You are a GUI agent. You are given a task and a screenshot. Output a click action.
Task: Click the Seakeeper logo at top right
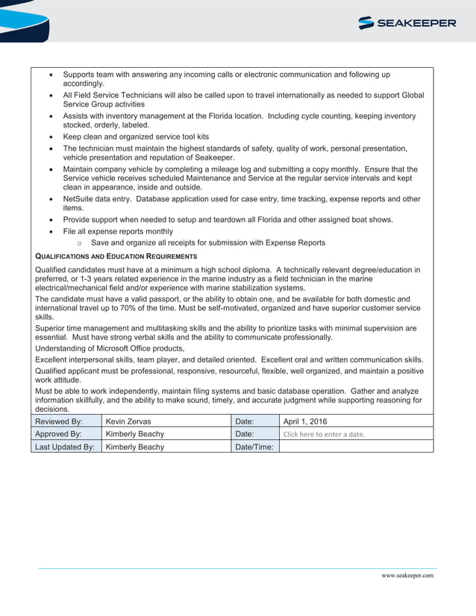click(407, 23)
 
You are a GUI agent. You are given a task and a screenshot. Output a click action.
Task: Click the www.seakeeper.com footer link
click(407, 576)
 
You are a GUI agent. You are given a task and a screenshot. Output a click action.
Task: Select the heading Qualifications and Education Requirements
click(116, 257)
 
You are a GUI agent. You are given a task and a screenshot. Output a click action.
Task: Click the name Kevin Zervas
click(128, 421)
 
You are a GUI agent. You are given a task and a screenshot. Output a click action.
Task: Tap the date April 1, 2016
click(305, 421)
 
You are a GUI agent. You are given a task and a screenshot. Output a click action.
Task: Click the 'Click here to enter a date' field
click(324, 434)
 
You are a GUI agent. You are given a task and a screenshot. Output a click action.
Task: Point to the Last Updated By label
click(65, 447)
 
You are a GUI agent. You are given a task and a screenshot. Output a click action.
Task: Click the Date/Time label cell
click(254, 447)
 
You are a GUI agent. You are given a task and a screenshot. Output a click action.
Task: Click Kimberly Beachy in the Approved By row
click(135, 434)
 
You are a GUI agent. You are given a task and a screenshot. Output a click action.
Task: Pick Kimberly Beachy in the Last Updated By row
click(135, 447)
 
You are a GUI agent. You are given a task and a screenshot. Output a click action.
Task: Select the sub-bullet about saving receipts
click(207, 243)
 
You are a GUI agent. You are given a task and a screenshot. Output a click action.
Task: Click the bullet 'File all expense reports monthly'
click(117, 232)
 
